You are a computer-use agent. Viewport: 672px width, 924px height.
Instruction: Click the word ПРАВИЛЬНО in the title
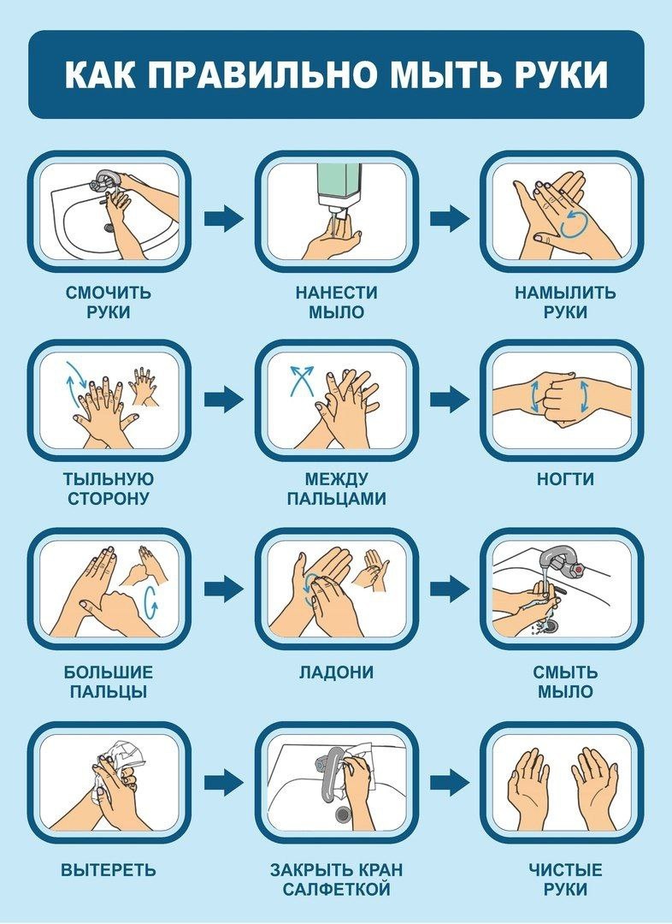(x=260, y=75)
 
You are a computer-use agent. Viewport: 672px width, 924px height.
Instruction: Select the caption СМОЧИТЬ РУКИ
(x=109, y=302)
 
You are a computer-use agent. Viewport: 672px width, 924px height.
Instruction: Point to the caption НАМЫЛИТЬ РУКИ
(x=564, y=302)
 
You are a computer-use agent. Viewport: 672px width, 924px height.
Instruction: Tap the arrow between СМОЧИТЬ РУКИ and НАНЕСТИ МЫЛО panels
(x=223, y=218)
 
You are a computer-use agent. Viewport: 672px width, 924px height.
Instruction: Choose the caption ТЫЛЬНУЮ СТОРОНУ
(x=109, y=489)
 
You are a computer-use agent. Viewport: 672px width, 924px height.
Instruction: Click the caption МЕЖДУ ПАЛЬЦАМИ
(x=336, y=489)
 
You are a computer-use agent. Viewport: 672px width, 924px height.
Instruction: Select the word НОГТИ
(x=565, y=480)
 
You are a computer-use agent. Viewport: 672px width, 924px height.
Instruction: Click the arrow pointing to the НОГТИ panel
(x=449, y=399)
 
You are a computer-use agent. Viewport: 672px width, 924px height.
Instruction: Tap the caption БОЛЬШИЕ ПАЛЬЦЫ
(x=109, y=681)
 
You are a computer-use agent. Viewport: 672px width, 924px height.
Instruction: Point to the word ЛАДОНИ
(x=336, y=672)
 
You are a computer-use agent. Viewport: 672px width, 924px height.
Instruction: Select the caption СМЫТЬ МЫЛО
(x=565, y=681)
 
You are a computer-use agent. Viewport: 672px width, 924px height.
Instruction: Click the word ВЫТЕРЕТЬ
(x=109, y=871)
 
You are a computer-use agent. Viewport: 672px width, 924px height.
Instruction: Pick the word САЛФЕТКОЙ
(x=336, y=890)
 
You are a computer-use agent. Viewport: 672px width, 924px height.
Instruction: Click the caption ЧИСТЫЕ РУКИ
(x=565, y=880)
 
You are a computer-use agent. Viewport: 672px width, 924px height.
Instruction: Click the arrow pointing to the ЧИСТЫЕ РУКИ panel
(x=449, y=781)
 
